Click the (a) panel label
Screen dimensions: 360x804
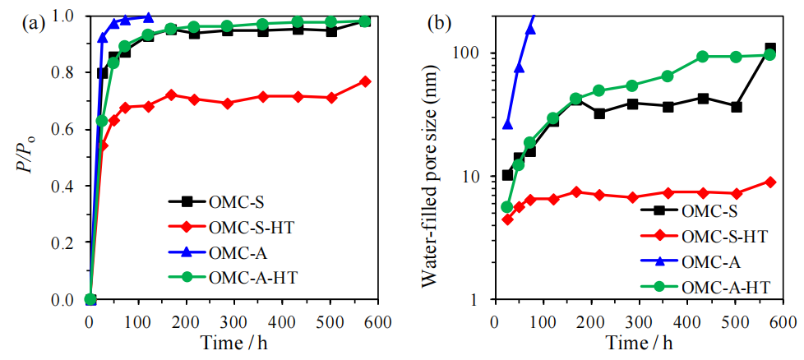click(x=34, y=23)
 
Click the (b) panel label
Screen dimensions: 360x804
click(x=437, y=23)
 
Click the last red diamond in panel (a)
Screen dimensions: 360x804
click(x=365, y=81)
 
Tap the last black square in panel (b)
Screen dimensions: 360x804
click(x=770, y=49)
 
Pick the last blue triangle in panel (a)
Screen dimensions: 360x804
click(x=148, y=16)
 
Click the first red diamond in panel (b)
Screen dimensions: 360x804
click(x=507, y=219)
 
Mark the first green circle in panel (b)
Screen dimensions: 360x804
click(x=507, y=207)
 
